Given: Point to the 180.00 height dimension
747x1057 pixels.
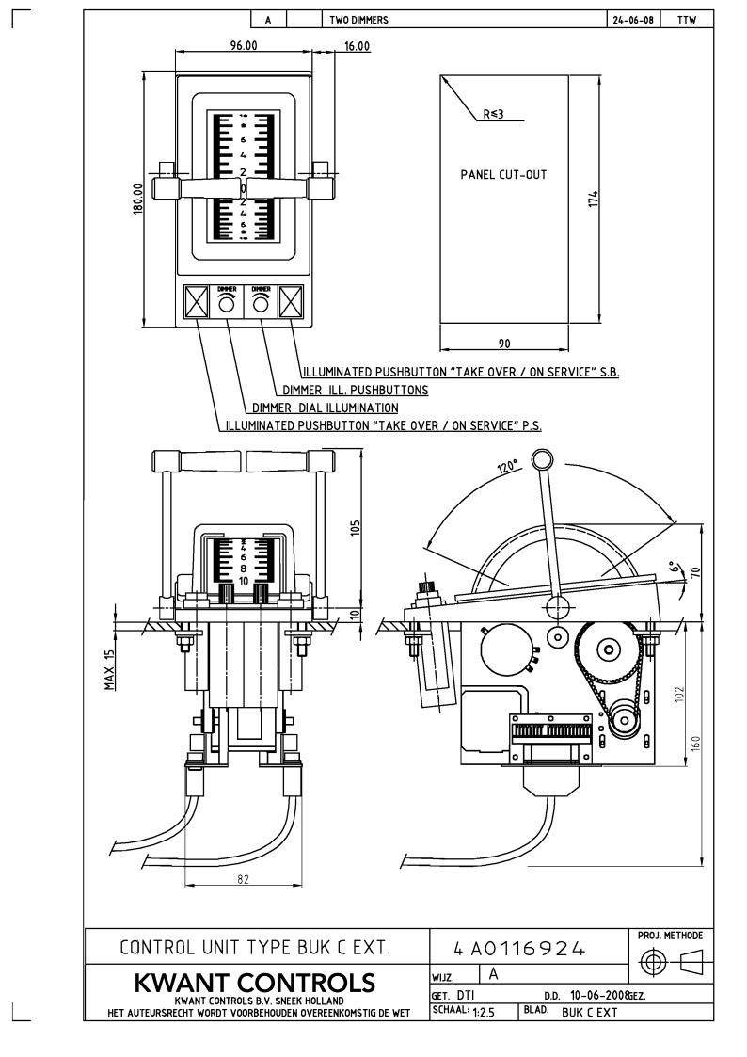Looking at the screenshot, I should tap(138, 200).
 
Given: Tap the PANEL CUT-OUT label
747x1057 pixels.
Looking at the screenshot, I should tap(503, 174).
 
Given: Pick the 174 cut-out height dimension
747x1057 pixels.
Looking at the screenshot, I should tap(594, 200).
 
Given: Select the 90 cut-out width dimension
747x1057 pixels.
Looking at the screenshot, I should tap(504, 344).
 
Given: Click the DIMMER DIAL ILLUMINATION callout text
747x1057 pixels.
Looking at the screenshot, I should tap(325, 408).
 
